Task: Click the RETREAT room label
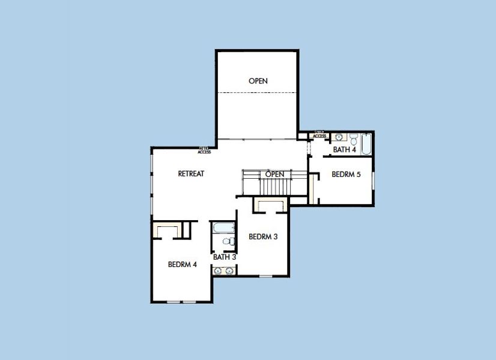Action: (191, 174)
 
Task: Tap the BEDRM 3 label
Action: (263, 237)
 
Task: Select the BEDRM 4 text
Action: (183, 264)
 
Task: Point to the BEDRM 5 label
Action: (346, 175)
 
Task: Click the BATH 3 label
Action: (225, 257)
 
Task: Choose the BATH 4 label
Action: (345, 149)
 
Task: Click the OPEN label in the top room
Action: (258, 81)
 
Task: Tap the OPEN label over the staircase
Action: (274, 174)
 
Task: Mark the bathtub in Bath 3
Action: (224, 229)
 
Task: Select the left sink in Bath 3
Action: (218, 271)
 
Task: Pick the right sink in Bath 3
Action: (229, 271)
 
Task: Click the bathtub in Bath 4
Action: (366, 144)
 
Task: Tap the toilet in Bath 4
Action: (354, 137)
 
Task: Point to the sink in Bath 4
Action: (339, 137)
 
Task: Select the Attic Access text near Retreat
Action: (204, 151)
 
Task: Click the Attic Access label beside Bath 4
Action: (319, 134)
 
